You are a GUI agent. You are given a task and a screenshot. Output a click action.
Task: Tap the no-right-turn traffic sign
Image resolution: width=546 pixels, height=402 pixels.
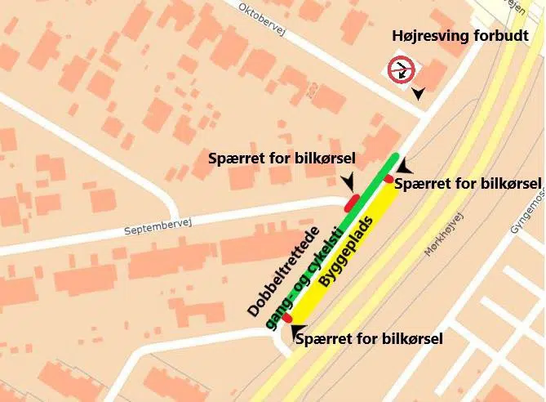(401, 69)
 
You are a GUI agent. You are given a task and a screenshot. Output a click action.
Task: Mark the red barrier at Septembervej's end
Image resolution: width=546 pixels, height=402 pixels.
(351, 202)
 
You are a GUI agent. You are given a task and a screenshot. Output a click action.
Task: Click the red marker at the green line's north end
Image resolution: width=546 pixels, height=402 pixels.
(389, 179)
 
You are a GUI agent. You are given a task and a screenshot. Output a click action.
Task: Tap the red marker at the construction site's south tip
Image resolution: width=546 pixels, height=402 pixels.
(287, 318)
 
